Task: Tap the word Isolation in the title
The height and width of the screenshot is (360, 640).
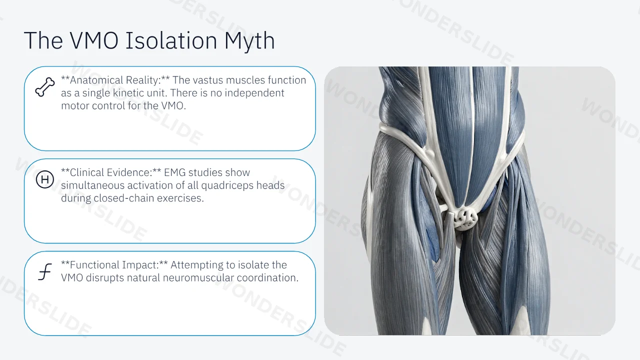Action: coord(171,40)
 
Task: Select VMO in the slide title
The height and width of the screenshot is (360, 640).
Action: coord(94,40)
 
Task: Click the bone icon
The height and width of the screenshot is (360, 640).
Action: coord(45,87)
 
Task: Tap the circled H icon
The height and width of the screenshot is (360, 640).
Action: coord(45,179)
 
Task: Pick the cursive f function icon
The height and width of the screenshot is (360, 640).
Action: coord(45,271)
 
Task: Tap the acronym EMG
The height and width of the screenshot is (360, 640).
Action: coord(174,172)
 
